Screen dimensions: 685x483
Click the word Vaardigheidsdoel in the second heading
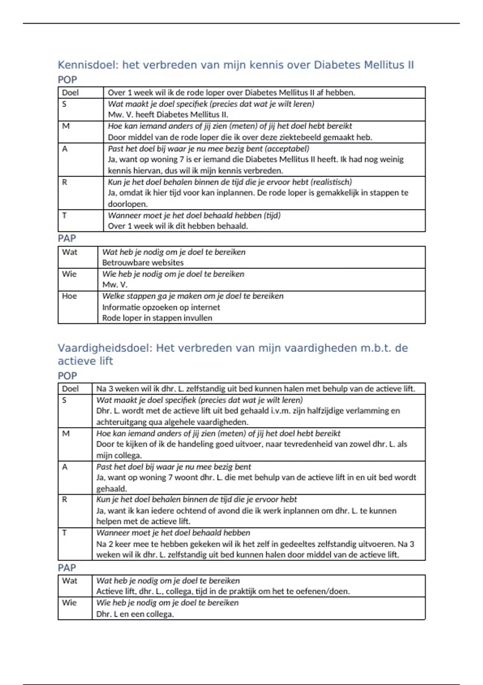[105, 348]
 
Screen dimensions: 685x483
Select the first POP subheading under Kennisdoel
[67, 80]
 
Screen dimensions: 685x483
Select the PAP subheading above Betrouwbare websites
[67, 239]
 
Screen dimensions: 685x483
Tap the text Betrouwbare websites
[142, 263]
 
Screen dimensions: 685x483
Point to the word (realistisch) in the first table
[331, 182]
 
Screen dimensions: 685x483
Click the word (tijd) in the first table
[272, 215]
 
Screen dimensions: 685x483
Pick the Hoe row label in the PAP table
[69, 296]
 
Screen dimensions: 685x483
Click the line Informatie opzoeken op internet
[161, 307]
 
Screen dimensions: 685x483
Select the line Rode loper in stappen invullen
[157, 318]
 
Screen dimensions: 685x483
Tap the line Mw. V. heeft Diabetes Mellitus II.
[168, 115]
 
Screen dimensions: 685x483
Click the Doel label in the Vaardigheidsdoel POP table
[70, 389]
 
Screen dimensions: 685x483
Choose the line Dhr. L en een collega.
[135, 614]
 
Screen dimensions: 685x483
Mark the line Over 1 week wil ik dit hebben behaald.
[178, 226]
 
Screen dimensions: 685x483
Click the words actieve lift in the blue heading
[85, 361]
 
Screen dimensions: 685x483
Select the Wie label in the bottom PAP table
[69, 603]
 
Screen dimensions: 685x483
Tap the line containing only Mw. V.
[115, 285]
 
